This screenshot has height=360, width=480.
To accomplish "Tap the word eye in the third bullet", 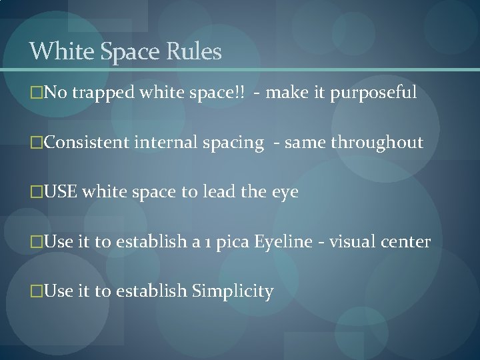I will (x=285, y=192).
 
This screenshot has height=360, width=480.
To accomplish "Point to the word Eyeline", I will (x=283, y=242).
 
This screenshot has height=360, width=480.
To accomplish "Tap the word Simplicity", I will (x=233, y=291).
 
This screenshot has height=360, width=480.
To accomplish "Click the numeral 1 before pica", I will (x=203, y=243).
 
